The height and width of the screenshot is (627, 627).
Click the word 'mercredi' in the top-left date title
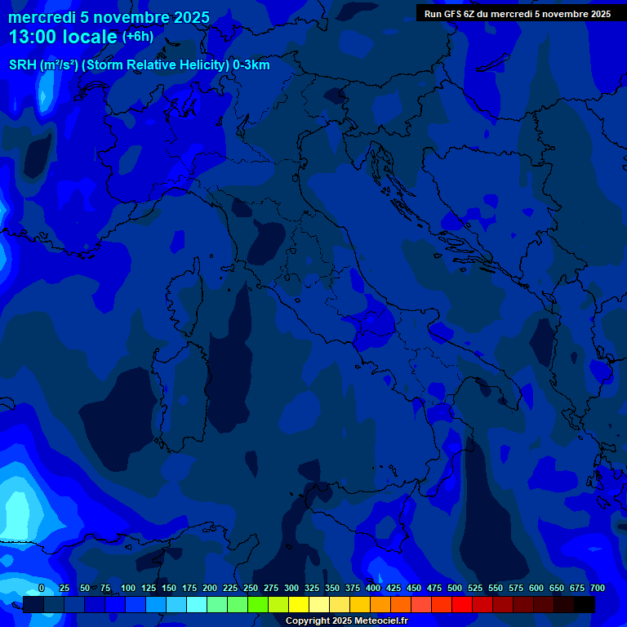click(42, 17)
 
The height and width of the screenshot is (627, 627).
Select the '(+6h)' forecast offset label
click(138, 37)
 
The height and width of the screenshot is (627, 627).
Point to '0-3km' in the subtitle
click(251, 65)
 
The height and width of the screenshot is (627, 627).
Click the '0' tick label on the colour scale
click(42, 589)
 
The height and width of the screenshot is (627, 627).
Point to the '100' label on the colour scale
click(128, 589)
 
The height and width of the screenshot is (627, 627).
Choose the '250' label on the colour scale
click(251, 589)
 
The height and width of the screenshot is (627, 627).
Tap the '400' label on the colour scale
click(373, 589)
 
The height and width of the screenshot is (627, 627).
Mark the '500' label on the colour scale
click(455, 589)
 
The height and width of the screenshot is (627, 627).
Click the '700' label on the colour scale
click(598, 589)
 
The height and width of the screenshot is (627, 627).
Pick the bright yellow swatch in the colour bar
click(299, 604)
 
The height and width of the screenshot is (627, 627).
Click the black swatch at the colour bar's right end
click(585, 604)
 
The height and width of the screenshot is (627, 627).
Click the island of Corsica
click(186, 298)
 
